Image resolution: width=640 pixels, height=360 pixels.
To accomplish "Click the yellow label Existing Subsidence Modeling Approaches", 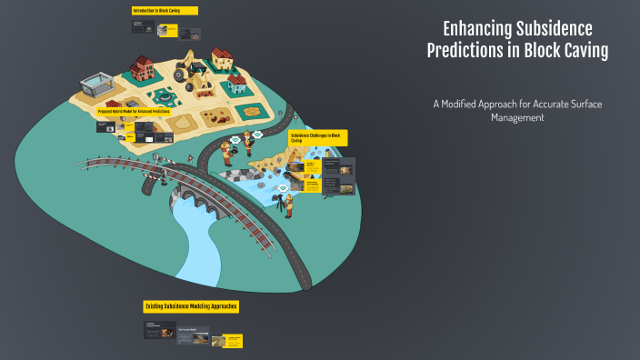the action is click(191, 306).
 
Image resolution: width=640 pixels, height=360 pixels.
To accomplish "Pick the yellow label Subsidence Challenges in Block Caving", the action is click(317, 137).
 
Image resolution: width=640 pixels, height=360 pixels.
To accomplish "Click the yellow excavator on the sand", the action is click(193, 76).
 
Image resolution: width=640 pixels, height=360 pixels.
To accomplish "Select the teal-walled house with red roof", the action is click(237, 85).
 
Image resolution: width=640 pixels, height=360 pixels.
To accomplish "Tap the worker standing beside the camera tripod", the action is click(289, 205).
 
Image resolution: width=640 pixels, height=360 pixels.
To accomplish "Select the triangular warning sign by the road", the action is click(191, 158).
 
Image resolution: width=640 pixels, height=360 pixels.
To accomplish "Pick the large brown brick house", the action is click(143, 68).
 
